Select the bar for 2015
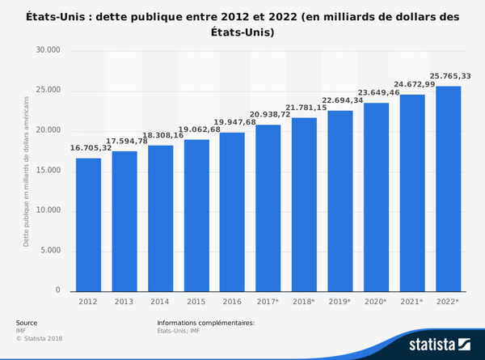click(196, 215)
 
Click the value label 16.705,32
click(90, 149)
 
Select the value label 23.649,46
click(377, 93)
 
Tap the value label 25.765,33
click(447, 76)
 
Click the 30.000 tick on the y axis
click(48, 51)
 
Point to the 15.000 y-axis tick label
click(48, 171)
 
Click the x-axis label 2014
click(161, 302)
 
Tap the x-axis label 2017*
click(268, 302)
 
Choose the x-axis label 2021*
click(412, 302)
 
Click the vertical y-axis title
click(26, 171)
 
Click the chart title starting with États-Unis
click(242, 23)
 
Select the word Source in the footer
click(27, 322)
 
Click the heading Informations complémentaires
click(205, 322)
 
